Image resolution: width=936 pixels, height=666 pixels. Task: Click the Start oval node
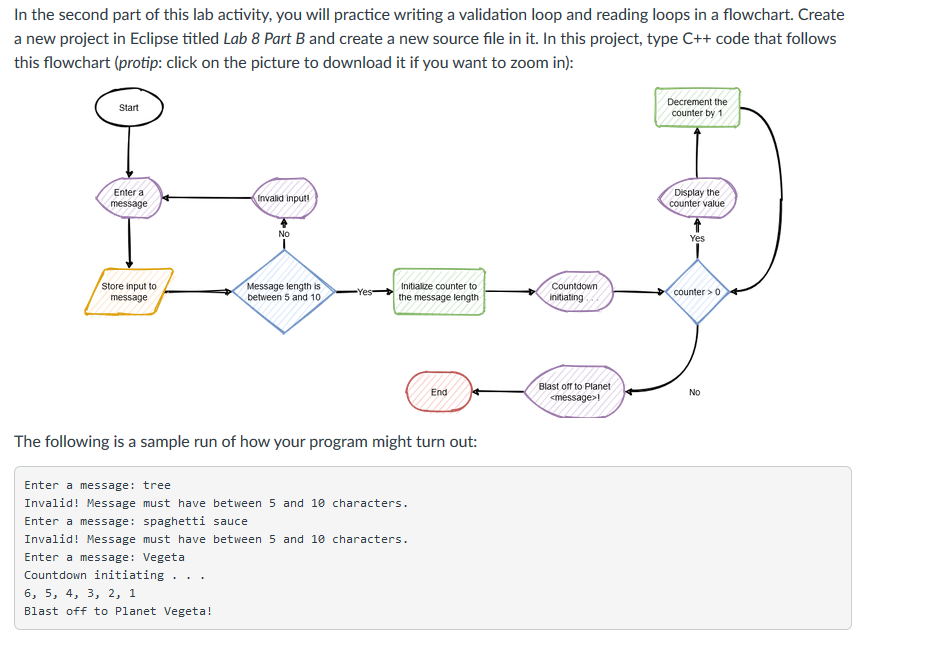[128, 108]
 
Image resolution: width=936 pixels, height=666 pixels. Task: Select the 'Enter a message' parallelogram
[129, 198]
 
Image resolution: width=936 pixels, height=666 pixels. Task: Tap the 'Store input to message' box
[129, 292]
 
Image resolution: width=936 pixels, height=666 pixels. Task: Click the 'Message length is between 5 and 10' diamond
[284, 292]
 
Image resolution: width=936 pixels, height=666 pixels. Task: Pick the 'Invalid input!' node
[284, 198]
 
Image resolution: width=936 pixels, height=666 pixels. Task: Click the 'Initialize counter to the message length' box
[438, 292]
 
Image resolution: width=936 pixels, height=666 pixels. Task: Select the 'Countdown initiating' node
[574, 292]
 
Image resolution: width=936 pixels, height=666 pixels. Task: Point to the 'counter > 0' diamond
[697, 292]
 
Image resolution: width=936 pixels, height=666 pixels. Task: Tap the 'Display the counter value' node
[697, 198]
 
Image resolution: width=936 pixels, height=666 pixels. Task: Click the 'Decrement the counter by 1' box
[697, 108]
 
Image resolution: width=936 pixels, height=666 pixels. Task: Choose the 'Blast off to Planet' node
[574, 392]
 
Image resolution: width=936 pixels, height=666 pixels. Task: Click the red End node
[438, 392]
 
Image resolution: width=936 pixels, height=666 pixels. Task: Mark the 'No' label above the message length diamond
[284, 234]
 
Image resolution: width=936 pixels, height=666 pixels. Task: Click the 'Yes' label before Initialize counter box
[365, 293]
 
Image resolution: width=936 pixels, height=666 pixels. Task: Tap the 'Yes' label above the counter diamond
[697, 239]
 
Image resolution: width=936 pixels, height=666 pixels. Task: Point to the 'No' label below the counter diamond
[695, 393]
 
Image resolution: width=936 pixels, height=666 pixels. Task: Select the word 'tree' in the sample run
[157, 485]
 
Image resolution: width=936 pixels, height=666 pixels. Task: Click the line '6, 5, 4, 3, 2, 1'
[80, 593]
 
